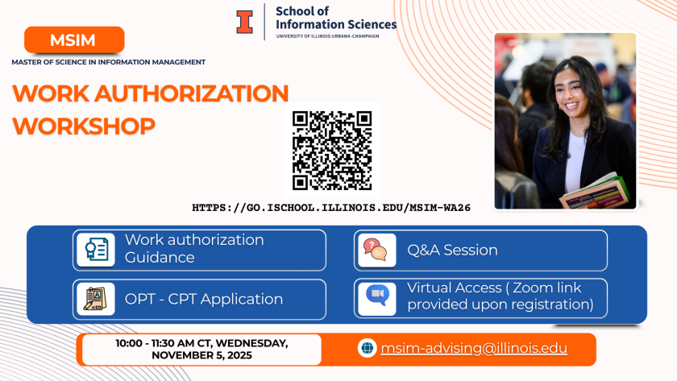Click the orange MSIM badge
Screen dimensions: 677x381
pos(74,39)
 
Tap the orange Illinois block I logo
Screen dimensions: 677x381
pos(244,22)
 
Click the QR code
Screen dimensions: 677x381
pos(332,150)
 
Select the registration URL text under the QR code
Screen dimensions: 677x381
pos(331,208)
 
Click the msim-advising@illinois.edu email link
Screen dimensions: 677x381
pos(474,348)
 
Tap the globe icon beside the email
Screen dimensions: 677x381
pos(367,348)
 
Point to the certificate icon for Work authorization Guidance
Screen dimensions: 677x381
pos(96,250)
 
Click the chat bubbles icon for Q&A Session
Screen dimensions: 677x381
pos(377,251)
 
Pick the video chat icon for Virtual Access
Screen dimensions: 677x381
pos(377,299)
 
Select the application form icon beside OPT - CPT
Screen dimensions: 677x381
pos(96,299)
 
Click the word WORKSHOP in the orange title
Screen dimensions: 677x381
pos(84,126)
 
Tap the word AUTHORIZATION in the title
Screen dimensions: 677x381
pos(191,93)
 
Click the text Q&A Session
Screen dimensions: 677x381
pos(452,251)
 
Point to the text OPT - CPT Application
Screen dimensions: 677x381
pos(204,299)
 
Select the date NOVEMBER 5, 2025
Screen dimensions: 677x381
pos(201,355)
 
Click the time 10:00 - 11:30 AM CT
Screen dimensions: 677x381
pos(164,343)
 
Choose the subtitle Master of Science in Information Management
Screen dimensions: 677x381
pos(108,62)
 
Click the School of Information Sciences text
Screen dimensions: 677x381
pos(336,18)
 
